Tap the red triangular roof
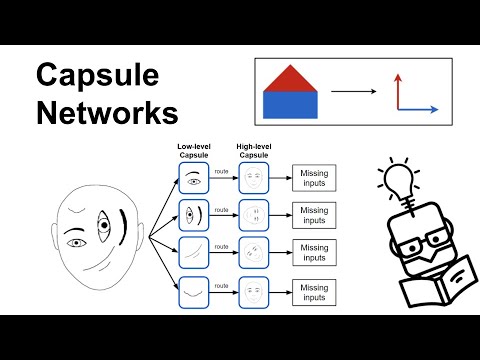(x=289, y=79)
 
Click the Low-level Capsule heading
(x=193, y=151)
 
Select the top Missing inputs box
(x=313, y=179)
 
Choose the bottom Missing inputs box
(x=313, y=293)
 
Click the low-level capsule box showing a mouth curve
(x=194, y=293)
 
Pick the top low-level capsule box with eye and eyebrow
(x=194, y=179)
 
